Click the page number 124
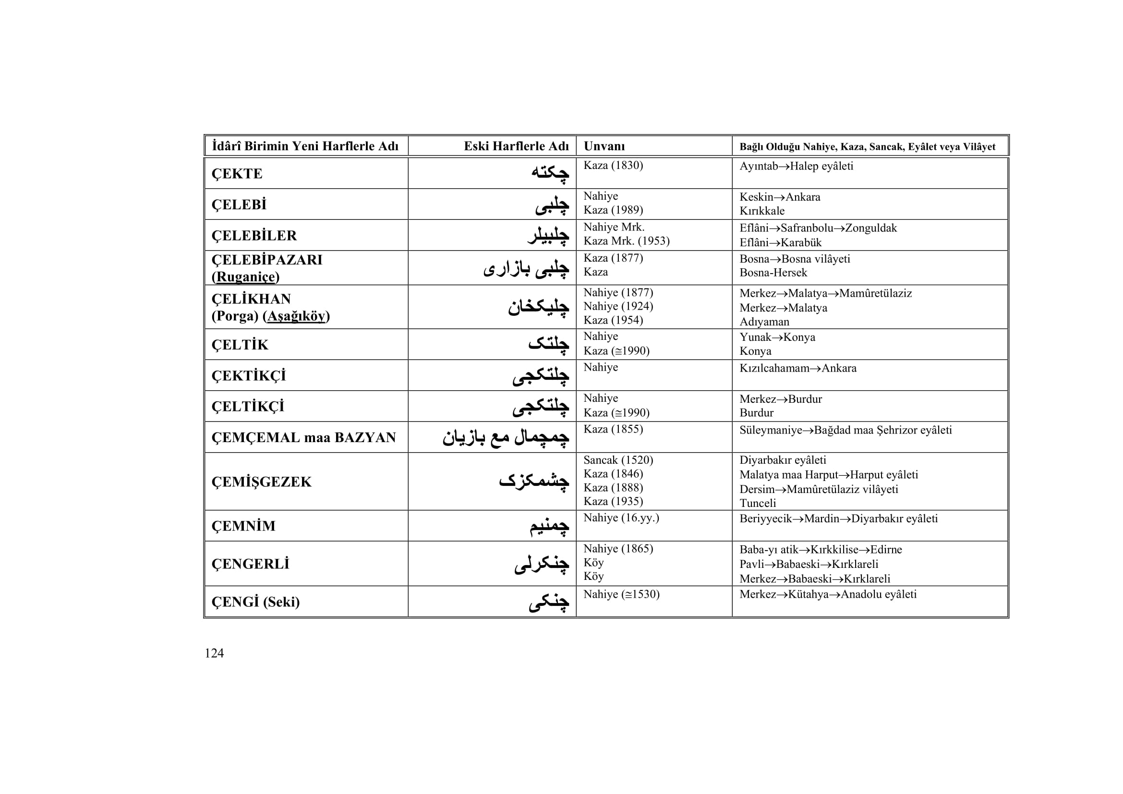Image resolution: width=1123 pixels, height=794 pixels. coord(214,653)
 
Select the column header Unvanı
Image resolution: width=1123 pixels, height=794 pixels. coord(604,146)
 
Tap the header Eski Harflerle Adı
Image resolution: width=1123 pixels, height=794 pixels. coord(516,146)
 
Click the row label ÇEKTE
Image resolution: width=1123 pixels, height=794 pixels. coord(237,174)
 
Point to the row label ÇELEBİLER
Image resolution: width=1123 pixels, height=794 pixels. coord(254,235)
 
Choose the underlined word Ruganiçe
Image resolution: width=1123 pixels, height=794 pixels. coord(245,277)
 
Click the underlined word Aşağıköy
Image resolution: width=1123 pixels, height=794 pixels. coord(296,316)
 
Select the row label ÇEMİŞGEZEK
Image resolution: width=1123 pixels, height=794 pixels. coord(261,481)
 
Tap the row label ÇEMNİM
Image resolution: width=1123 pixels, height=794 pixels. coord(243,526)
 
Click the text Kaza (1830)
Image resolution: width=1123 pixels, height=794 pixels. coord(613,165)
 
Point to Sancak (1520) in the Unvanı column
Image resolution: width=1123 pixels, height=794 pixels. coord(618,460)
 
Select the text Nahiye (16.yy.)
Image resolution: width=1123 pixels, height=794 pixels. coord(621,518)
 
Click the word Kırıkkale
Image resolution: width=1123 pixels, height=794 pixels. coord(761,211)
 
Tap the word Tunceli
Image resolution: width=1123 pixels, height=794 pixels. coord(758,503)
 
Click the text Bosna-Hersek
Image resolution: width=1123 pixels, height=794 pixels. coord(773,272)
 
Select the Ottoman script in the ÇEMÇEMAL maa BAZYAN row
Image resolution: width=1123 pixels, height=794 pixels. coord(506,437)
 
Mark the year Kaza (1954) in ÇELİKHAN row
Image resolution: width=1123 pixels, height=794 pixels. coord(613,320)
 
